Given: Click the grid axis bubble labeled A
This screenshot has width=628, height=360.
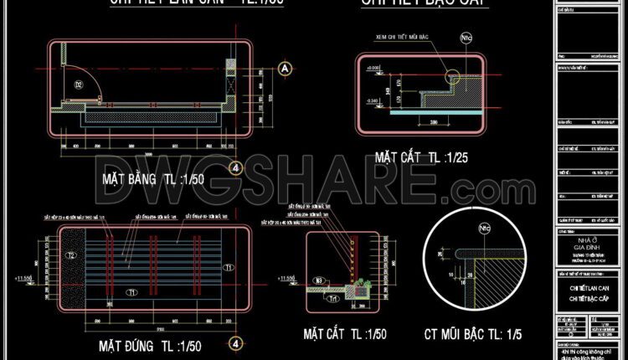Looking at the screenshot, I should [x=285, y=67].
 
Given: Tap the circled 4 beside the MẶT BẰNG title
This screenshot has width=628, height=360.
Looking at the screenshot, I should [x=237, y=168].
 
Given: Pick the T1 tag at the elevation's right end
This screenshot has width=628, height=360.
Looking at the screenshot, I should [x=229, y=266].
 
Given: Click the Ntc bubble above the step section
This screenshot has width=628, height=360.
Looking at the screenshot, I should [x=465, y=38].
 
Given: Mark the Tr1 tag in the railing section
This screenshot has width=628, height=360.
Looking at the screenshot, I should [x=332, y=297].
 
